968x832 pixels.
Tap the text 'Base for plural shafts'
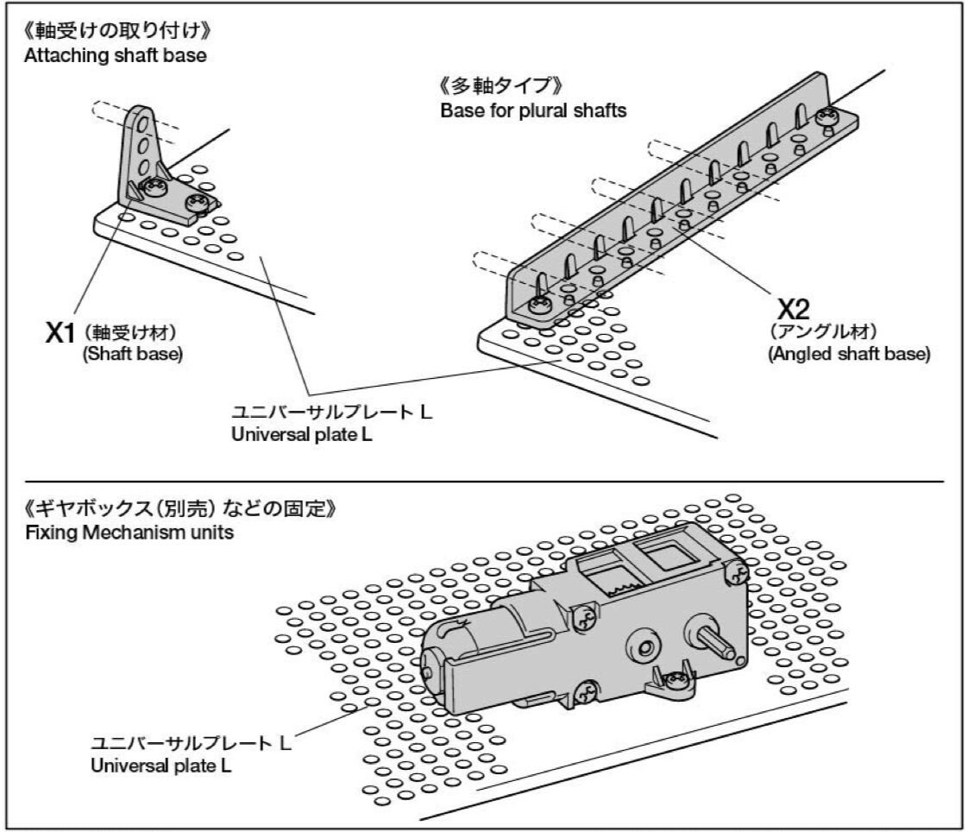pos(532,111)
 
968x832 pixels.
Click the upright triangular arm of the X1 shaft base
pos(141,142)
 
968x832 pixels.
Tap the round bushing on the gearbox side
pos(644,643)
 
